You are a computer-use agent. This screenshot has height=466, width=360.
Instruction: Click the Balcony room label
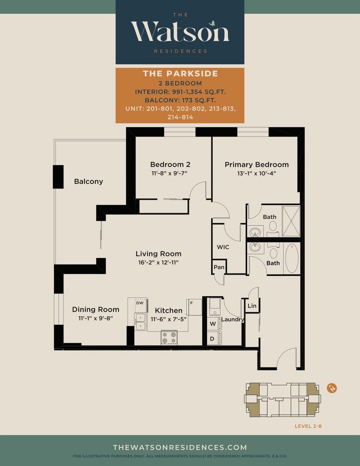88,181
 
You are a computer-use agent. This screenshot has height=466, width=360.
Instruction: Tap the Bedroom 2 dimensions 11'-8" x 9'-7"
169,173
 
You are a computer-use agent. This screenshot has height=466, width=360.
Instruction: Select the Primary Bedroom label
256,165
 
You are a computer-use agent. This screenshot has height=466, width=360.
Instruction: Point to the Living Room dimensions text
159,263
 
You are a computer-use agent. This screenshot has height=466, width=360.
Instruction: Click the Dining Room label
95,309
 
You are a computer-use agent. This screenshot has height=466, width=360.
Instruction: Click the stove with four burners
169,338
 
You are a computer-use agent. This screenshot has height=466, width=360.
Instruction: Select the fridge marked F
194,307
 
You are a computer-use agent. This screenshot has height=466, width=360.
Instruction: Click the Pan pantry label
219,267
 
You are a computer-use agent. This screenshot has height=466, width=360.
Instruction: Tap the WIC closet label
223,247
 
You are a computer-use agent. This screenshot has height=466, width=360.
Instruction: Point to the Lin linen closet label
252,306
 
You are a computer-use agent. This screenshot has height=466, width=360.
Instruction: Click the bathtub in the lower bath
292,258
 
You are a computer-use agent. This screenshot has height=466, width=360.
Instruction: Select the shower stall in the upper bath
291,221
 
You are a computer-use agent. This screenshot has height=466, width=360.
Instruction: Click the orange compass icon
332,388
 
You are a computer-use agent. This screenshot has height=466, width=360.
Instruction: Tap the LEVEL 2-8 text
308,426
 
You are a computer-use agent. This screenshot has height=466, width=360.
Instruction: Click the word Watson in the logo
180,31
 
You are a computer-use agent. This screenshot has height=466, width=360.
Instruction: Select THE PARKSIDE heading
180,73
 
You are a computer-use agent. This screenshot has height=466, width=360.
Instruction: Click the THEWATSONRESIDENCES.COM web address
180,447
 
